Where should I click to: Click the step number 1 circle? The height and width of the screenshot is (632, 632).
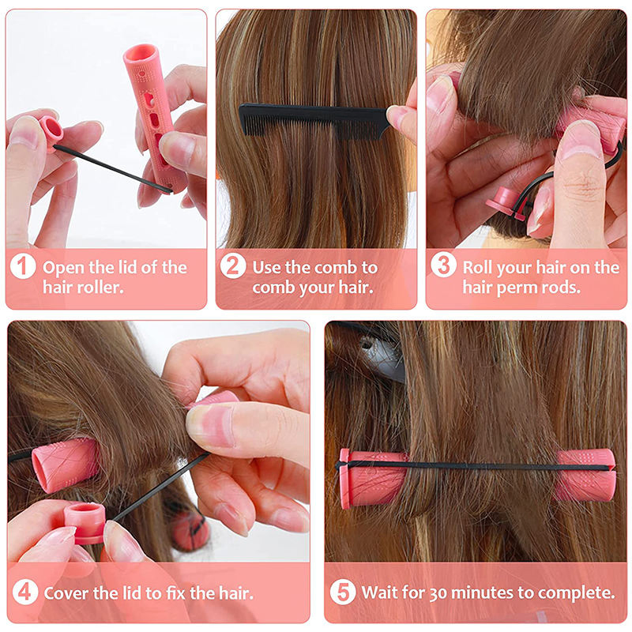(x=23, y=266)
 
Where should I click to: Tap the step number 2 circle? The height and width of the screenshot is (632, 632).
(x=233, y=265)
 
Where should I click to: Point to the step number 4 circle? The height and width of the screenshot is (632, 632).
(x=25, y=592)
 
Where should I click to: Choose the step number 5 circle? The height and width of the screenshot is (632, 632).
(x=343, y=592)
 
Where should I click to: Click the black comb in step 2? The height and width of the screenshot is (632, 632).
(x=314, y=120)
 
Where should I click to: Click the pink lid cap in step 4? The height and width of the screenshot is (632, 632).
(x=85, y=523)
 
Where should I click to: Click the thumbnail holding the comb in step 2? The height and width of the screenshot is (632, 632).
(x=397, y=115)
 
